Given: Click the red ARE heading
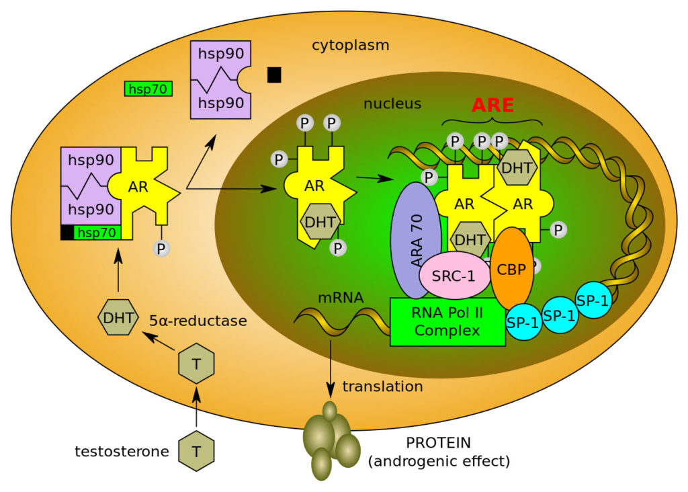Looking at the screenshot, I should click(492, 106).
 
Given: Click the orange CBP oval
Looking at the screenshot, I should click(512, 268).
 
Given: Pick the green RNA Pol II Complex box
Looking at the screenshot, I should click(447, 322).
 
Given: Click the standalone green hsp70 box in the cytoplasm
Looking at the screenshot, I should click(148, 89).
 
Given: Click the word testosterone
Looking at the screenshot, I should click(122, 451).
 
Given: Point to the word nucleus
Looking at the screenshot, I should click(392, 104).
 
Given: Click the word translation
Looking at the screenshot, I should click(382, 386).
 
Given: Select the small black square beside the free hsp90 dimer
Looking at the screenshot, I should click(273, 75).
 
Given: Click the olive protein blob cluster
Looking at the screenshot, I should click(331, 440).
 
